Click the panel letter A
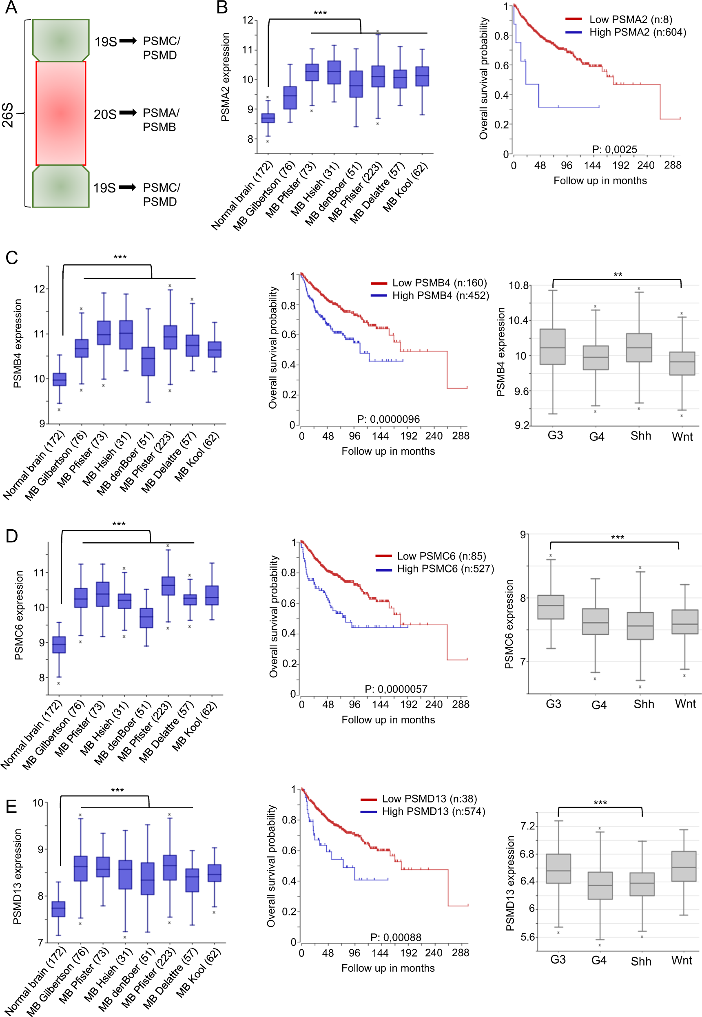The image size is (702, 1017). (11, 7)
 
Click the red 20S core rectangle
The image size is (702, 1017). (61, 113)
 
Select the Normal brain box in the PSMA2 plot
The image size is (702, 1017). (268, 118)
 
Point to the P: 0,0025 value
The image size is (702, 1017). (614, 149)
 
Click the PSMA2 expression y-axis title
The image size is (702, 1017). (225, 77)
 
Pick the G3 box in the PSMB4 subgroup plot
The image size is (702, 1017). (552, 347)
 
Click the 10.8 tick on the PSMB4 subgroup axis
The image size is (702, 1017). (518, 286)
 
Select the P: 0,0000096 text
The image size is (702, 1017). (388, 419)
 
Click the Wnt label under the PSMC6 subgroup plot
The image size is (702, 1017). (685, 703)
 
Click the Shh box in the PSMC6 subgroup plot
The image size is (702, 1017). (640, 626)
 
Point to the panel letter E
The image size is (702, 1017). (11, 807)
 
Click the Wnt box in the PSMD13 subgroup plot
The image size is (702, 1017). (684, 866)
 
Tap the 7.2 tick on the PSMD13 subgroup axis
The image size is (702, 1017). (527, 826)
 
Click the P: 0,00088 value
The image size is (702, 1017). (395, 937)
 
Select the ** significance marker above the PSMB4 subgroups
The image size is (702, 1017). (618, 275)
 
